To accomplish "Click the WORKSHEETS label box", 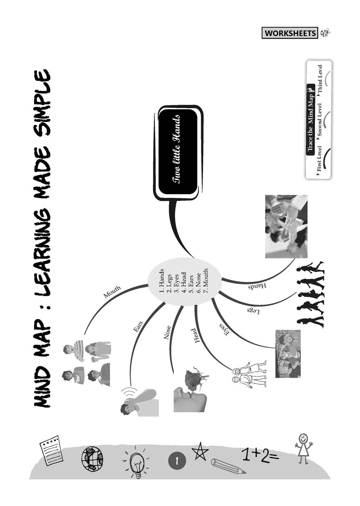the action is point(290,33).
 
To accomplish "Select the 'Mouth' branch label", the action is point(112,292).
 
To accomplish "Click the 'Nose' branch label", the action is point(168,332).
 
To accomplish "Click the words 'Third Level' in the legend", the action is point(319,79).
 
